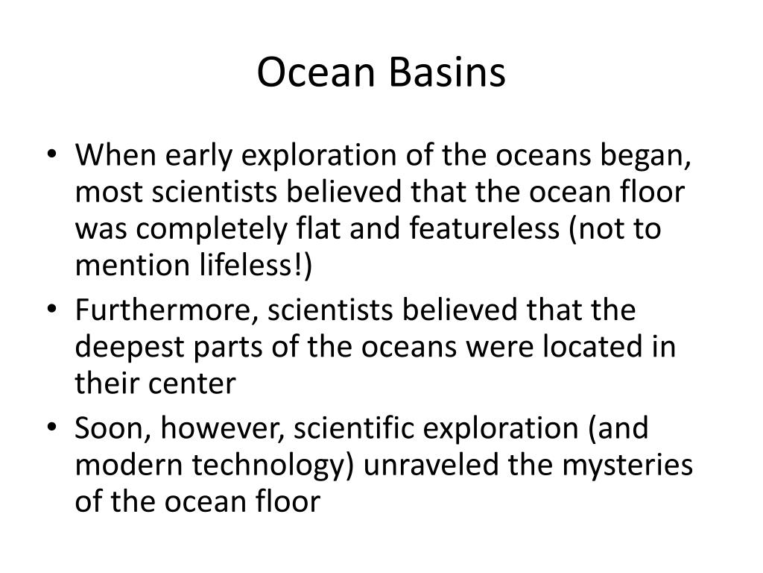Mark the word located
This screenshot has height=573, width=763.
[585, 347]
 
